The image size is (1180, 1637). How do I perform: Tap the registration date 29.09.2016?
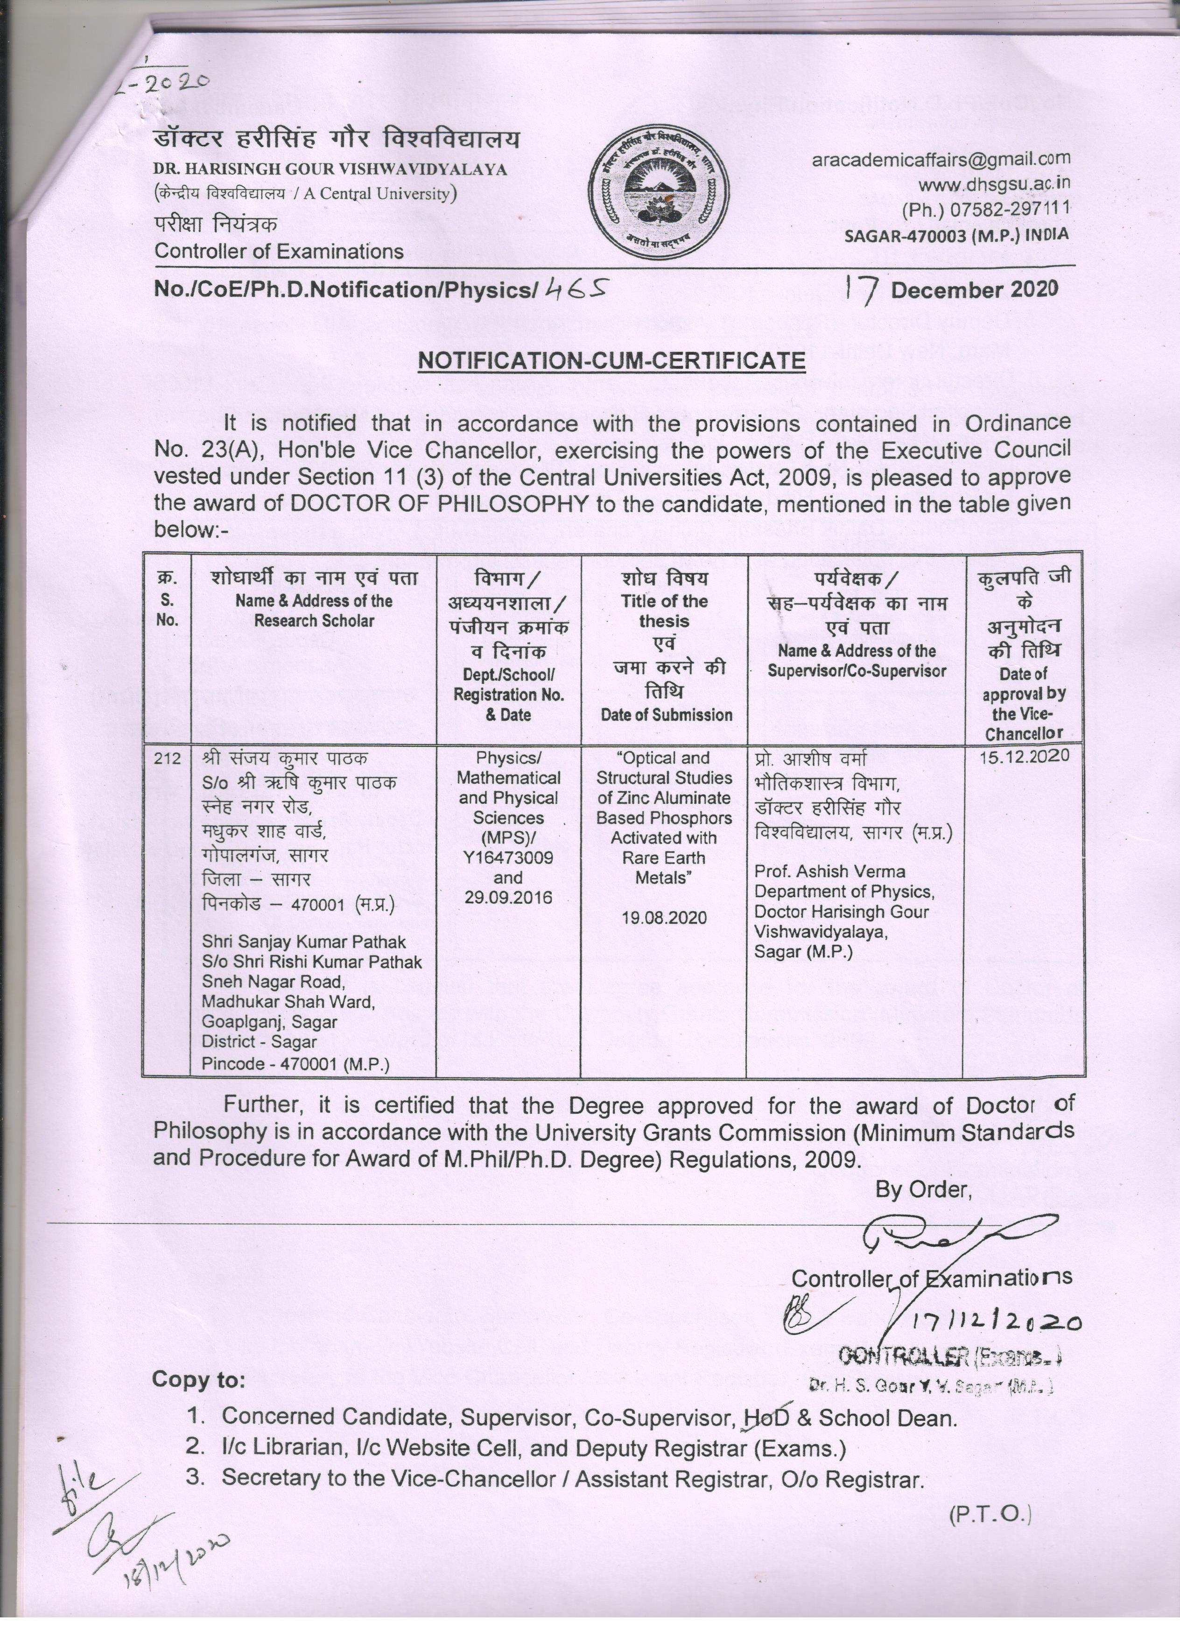[508, 898]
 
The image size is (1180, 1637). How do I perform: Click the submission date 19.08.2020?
[663, 918]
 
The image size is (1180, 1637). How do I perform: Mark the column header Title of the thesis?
[664, 611]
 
